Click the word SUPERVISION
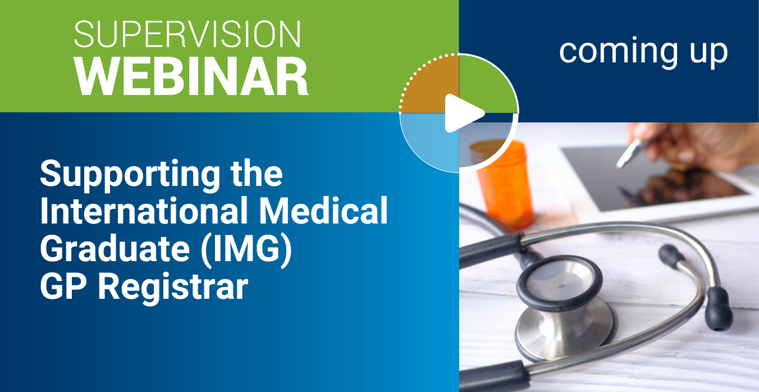(188, 34)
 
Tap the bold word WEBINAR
(191, 76)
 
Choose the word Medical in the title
(324, 210)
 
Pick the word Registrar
(173, 288)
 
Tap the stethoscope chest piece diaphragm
(559, 282)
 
